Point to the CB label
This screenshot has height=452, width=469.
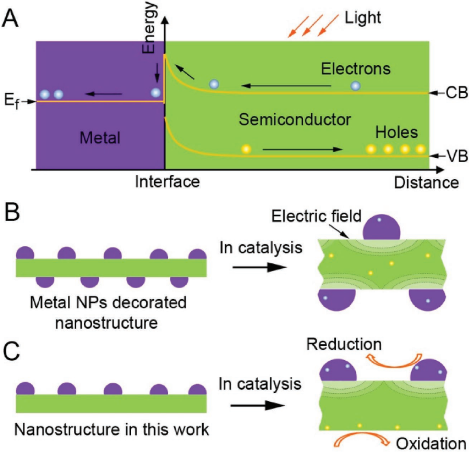click(456, 93)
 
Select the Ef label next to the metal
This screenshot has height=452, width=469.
click(12, 101)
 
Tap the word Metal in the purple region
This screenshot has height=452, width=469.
click(100, 138)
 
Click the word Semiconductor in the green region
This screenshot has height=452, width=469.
click(295, 120)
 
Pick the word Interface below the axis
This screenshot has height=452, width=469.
click(167, 181)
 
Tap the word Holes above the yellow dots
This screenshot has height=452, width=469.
click(396, 132)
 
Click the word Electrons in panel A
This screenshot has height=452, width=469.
click(356, 69)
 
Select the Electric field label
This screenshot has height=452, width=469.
click(316, 216)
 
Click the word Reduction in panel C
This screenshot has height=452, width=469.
click(344, 344)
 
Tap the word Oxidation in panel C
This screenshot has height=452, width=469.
click(431, 443)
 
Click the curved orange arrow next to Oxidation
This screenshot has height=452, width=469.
click(361, 439)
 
